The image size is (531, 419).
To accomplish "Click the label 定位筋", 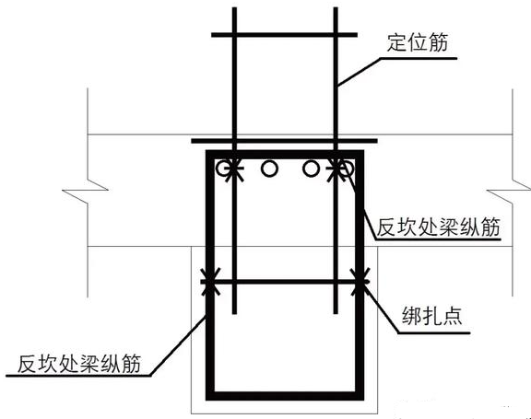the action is coord(418,42).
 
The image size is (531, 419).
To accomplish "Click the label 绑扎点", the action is coord(431,316).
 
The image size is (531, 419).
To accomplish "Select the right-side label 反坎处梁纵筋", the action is coord(439,227).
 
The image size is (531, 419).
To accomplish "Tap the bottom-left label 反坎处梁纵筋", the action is coord(79,364).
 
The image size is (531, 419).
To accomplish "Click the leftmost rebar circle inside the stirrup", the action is coord(225,169).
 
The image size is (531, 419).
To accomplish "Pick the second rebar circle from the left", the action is coord(269,169).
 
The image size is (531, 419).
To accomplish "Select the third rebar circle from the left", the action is coord(311,169).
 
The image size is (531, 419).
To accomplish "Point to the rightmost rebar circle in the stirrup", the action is coord(346,169).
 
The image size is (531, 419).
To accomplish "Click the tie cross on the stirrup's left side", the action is coord(210,282).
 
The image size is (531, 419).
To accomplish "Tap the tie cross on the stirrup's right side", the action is coord(360,282).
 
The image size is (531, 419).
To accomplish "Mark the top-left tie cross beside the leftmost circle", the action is coord(234,169).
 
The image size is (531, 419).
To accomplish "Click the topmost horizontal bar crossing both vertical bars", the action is coord(285,35).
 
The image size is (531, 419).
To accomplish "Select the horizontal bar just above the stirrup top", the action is coord(285,141).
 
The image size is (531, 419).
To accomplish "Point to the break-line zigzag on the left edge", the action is coord(85,191).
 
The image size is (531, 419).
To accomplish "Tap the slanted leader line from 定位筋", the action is coord(359,71).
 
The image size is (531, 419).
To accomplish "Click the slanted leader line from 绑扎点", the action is coord(381,308).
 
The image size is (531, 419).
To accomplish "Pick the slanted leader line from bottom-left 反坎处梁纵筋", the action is coord(178,345).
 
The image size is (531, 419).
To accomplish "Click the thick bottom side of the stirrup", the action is coord(285,396).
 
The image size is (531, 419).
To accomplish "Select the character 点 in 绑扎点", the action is coord(453,316).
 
